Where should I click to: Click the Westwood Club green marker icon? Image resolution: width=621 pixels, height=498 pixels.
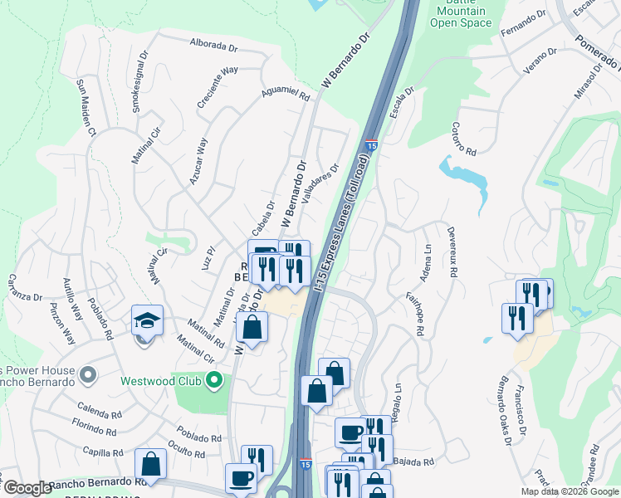[214, 381]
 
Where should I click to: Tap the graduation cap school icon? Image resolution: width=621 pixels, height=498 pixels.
[147, 321]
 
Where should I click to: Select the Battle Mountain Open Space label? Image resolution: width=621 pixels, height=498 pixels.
[461, 14]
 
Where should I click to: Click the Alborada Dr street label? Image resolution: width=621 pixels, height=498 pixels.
[215, 43]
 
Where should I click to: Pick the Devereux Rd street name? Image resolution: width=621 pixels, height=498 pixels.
[452, 251]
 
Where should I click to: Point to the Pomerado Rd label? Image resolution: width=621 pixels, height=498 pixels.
[595, 52]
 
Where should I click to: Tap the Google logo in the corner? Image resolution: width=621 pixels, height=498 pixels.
[27, 488]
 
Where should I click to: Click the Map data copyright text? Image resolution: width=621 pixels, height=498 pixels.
[570, 491]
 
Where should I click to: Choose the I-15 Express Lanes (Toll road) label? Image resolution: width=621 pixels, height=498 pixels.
[342, 221]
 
